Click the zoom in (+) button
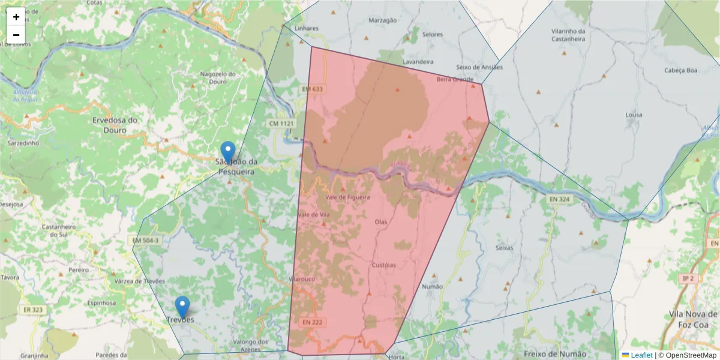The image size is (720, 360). click(x=16, y=17)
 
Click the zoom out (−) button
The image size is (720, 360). click(x=16, y=35)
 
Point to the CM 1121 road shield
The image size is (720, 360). click(x=281, y=124)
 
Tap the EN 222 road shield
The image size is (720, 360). click(x=313, y=322)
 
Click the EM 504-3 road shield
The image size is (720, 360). click(x=146, y=241)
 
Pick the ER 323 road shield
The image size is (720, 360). click(x=33, y=310)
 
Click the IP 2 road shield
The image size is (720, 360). click(x=688, y=278)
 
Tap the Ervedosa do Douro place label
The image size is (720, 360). click(x=115, y=125)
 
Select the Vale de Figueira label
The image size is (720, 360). click(x=347, y=197)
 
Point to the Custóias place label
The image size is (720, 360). click(x=384, y=265)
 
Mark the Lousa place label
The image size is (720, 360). click(x=634, y=115)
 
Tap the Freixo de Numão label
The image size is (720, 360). click(x=550, y=354)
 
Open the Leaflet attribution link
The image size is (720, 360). click(x=641, y=355)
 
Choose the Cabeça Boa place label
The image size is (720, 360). click(x=681, y=70)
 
